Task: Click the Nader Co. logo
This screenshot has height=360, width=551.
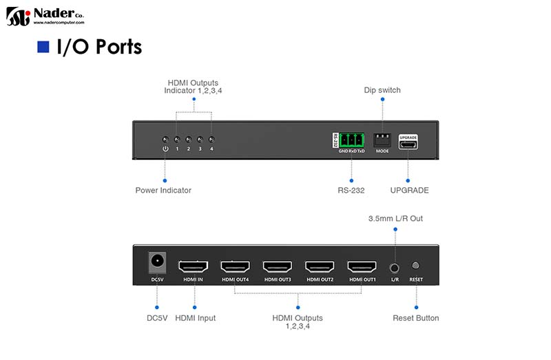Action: pyautogui.click(x=45, y=16)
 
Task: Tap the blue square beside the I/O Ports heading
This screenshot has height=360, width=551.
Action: pyautogui.click(x=43, y=47)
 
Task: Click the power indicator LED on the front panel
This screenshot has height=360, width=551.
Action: pyautogui.click(x=165, y=140)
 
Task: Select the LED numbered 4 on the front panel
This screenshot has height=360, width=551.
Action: pyautogui.click(x=211, y=140)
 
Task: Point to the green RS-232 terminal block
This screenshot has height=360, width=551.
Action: pyautogui.click(x=351, y=140)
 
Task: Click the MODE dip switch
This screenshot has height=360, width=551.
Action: pyautogui.click(x=382, y=140)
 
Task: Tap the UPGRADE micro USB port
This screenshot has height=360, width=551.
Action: pyautogui.click(x=408, y=144)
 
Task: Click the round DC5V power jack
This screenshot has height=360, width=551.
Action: pyautogui.click(x=157, y=262)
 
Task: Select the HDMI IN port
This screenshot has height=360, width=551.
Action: pyautogui.click(x=194, y=266)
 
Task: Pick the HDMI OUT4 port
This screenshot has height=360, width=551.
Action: pyautogui.click(x=236, y=266)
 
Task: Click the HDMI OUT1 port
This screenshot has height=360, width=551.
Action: pyautogui.click(x=362, y=266)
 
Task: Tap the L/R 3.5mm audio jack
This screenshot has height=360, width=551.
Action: pyautogui.click(x=395, y=268)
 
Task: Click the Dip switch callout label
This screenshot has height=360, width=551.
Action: pyautogui.click(x=382, y=90)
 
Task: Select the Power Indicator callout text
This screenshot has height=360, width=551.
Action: pyautogui.click(x=163, y=191)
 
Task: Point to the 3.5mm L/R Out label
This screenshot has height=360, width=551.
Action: pyautogui.click(x=395, y=218)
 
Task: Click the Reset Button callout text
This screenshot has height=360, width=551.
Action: pyautogui.click(x=416, y=318)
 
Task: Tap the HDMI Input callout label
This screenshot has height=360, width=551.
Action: pyautogui.click(x=196, y=318)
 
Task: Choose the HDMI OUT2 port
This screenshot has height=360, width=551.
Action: pyautogui.click(x=320, y=266)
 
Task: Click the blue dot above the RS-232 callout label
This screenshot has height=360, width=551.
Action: pyautogui.click(x=351, y=180)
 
